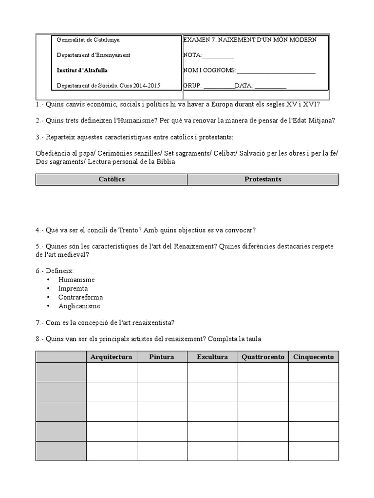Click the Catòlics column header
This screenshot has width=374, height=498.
coord(112,179)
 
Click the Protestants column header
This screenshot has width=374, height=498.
coord(263,179)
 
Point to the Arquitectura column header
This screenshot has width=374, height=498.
coord(112,357)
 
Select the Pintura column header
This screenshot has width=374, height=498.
coord(162,357)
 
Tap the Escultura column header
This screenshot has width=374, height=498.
coord(212,357)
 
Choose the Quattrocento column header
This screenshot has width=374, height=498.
coord(263,357)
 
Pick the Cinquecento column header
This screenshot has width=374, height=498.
coord(314,357)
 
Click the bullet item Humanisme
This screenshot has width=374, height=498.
coord(76,280)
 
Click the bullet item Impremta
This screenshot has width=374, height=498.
coord(73,288)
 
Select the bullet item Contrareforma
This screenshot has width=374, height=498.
coord(80,297)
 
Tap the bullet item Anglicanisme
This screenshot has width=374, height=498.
coord(79,306)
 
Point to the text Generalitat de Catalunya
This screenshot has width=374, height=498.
coord(88,40)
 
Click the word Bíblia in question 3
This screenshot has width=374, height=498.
coord(164,162)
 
